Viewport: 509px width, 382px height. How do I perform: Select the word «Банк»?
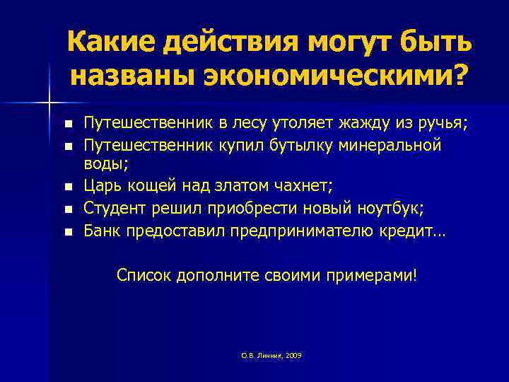click(x=103, y=230)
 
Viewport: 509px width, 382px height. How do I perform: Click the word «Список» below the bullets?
click(x=144, y=274)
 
